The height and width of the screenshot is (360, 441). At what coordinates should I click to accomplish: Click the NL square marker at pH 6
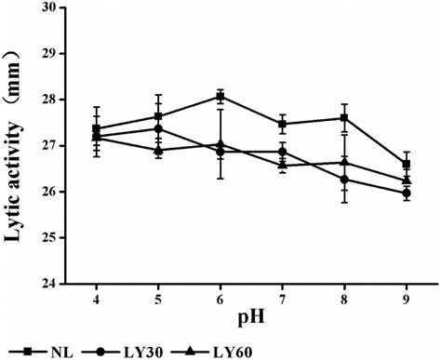coord(220,96)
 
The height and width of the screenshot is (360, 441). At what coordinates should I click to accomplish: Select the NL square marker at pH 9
coord(407,164)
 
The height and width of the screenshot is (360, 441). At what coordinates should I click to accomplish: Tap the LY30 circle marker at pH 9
coord(407,193)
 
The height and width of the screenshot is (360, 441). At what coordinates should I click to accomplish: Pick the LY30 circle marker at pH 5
coord(157,128)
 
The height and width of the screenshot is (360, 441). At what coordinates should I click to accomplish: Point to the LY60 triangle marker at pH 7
coord(282,166)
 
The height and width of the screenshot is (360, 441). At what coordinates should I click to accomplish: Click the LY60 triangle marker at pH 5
coord(157,150)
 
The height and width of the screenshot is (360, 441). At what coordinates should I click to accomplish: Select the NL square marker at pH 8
coord(344,118)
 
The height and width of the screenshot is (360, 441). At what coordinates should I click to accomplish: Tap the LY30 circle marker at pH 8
coord(344,179)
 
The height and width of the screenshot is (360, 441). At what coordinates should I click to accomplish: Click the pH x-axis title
coord(250,321)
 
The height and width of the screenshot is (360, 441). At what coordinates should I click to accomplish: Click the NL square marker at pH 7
coord(282,124)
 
